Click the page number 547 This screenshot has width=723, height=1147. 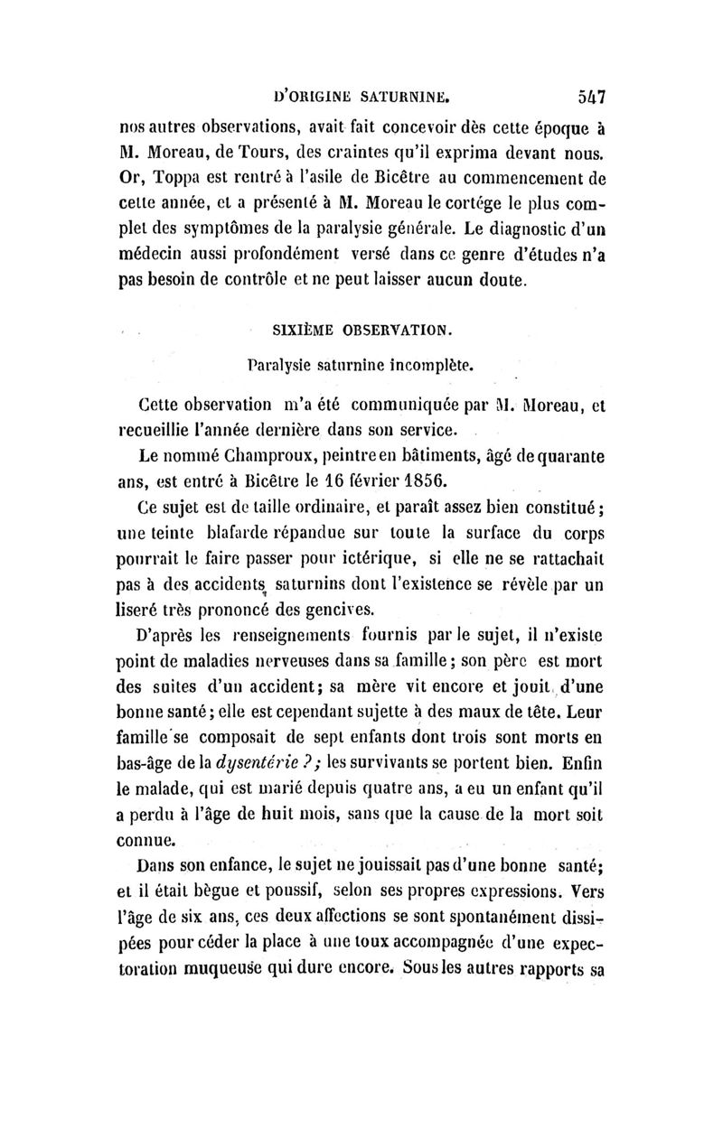pos(587,92)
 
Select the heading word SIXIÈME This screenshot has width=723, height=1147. pos(307,331)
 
